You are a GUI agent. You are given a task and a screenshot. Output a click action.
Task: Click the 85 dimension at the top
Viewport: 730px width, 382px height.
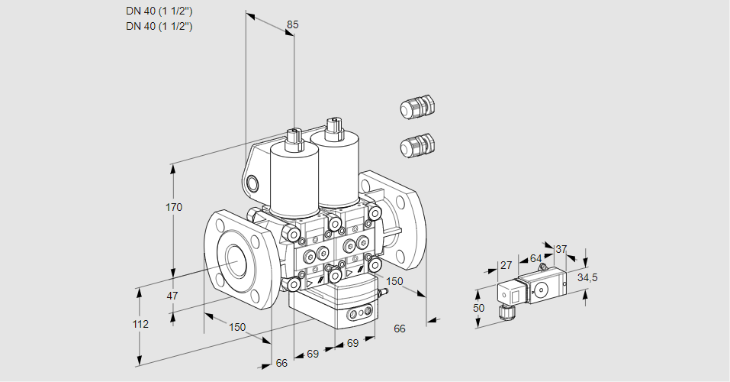(x=292, y=24)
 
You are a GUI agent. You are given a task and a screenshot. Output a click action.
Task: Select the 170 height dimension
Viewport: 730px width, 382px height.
(x=175, y=207)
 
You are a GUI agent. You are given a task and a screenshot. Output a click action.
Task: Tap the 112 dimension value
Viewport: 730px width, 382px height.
(x=140, y=324)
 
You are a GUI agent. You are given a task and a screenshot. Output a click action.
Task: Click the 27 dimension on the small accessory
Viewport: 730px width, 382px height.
(x=505, y=265)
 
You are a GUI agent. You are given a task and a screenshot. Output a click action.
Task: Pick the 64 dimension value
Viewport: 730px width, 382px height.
(x=535, y=258)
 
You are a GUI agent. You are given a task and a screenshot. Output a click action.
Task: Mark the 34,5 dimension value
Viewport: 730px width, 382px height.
(x=587, y=277)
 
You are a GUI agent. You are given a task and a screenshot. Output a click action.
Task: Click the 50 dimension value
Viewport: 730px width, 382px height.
(x=478, y=308)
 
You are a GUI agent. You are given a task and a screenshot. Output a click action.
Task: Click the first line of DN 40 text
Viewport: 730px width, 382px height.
(x=159, y=11)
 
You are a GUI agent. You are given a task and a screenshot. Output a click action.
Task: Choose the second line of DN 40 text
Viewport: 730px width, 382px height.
(x=159, y=26)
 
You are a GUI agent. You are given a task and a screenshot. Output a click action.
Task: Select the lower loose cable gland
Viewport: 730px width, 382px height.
(x=416, y=145)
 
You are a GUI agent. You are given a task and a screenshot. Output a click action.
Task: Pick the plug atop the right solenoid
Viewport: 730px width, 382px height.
(x=333, y=128)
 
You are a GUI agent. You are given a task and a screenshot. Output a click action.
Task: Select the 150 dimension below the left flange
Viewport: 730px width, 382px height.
(x=237, y=327)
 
